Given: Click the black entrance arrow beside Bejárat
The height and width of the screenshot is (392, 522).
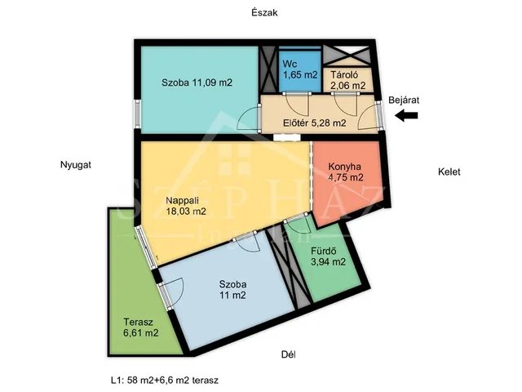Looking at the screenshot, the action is coord(406,116).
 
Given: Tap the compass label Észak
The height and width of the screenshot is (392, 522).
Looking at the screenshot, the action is coord(264,13).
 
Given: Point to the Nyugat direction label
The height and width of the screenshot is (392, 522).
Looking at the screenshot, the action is coord(76,165).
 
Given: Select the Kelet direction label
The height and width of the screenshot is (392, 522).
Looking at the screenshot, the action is coord(449,171).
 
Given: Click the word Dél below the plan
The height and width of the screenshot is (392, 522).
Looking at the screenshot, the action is coord(288,354).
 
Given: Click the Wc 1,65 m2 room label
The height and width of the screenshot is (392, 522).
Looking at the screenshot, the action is coord(300,69).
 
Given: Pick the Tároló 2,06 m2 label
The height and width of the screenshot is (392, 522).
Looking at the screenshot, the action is coord(347,80).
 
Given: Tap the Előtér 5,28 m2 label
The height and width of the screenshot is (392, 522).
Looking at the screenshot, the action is coord(314,123).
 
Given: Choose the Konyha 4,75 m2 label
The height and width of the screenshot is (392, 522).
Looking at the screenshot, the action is coord(346,171).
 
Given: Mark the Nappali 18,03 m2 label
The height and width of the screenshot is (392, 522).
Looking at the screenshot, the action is coord(186,206).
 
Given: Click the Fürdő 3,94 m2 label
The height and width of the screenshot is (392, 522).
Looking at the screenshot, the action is coord(328,256).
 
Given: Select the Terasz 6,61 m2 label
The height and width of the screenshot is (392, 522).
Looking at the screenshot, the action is coord(140,327).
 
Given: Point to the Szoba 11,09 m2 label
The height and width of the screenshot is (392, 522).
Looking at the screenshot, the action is coord(197,82).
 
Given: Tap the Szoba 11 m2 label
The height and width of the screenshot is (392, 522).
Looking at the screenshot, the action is coord(232,289).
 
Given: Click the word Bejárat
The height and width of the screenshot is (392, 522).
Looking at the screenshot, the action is coord(404,100).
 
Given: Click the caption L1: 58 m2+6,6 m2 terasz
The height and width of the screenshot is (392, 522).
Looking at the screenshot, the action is coord(165,380).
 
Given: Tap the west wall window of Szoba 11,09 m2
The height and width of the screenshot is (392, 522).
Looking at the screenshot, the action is coord(137,114).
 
